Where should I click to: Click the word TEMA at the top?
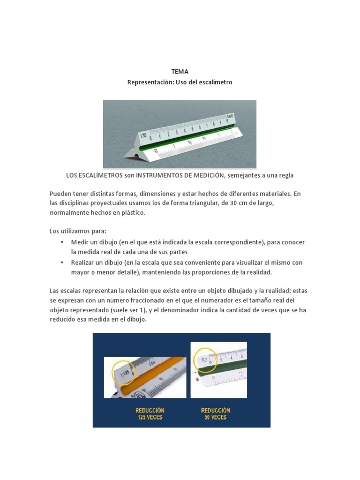point(180,72)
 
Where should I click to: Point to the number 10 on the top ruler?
point(227,120)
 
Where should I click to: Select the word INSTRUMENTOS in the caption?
point(163,175)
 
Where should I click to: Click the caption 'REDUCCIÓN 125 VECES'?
point(150,413)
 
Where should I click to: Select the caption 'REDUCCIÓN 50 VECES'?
point(216,413)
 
